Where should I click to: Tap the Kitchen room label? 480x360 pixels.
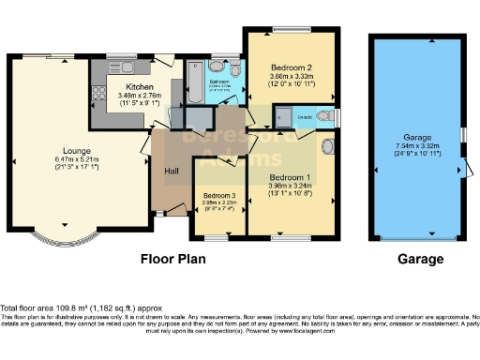coord(126,84)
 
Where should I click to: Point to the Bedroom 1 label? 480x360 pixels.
coord(290,176)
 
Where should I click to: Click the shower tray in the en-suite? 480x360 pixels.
coord(282,118)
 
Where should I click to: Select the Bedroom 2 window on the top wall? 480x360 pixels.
coord(288,30)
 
